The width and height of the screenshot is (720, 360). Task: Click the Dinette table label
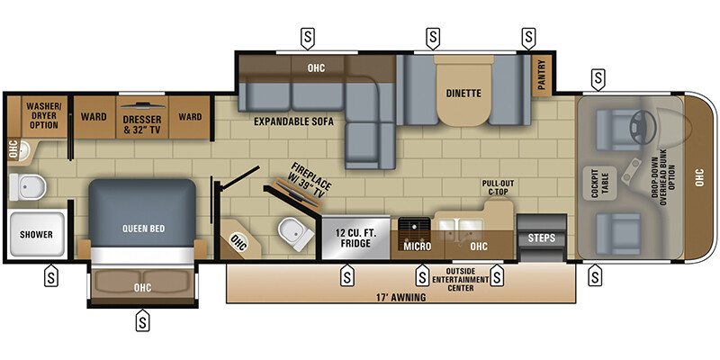[x=464, y=93]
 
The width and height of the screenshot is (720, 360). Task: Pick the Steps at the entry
[x=541, y=238]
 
